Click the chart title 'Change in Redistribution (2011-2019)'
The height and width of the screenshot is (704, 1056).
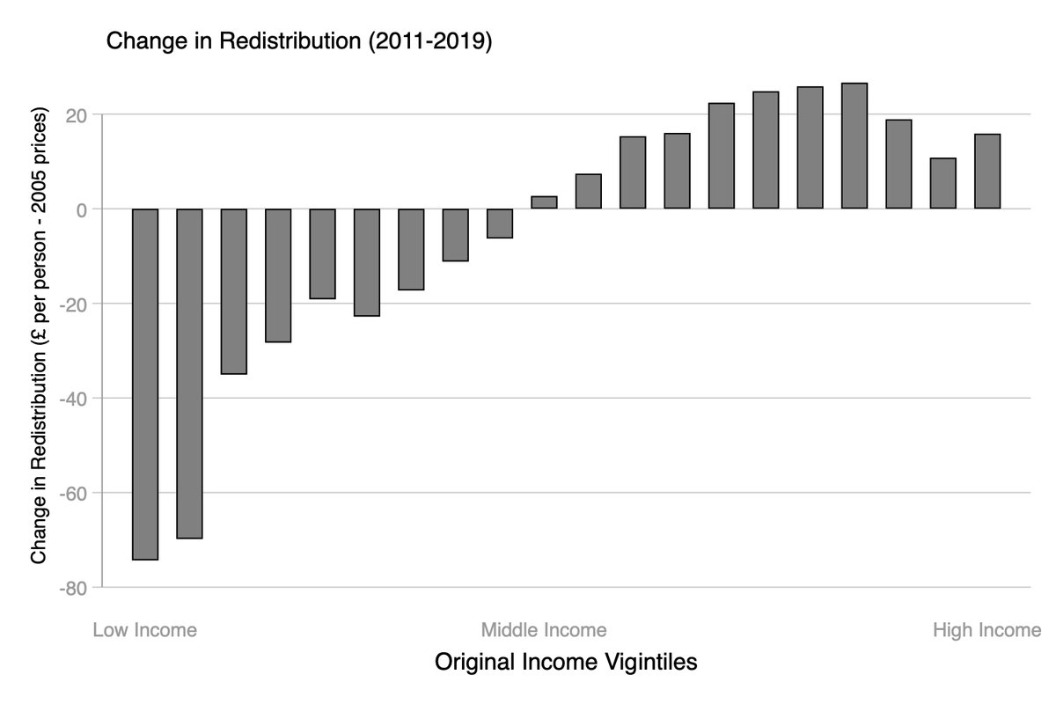pyautogui.click(x=298, y=41)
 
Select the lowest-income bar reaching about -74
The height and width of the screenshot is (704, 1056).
pyautogui.click(x=145, y=384)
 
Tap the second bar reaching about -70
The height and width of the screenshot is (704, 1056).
pyautogui.click(x=189, y=373)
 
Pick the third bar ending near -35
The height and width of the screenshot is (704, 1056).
pyautogui.click(x=233, y=291)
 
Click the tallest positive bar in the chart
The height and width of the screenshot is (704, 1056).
pyautogui.click(x=854, y=146)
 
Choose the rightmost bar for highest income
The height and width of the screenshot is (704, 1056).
pyautogui.click(x=986, y=172)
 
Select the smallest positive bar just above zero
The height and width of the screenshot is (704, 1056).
pyautogui.click(x=544, y=202)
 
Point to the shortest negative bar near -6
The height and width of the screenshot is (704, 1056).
pyautogui.click(x=500, y=224)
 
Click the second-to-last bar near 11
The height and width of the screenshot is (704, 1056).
pyautogui.click(x=942, y=183)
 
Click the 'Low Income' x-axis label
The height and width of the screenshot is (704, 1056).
pyautogui.click(x=144, y=630)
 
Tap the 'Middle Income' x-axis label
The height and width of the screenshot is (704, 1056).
pyautogui.click(x=543, y=630)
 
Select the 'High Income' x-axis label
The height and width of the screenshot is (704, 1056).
pyautogui.click(x=986, y=630)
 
